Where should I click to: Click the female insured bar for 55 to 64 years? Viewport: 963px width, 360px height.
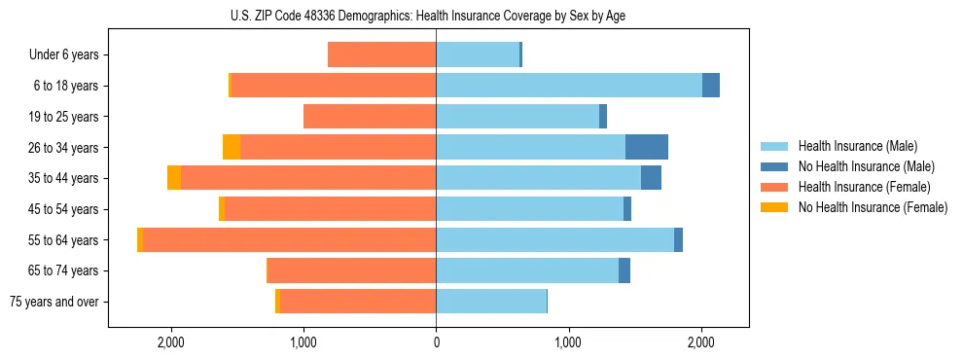289,239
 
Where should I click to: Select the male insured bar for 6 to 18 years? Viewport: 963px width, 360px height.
569,86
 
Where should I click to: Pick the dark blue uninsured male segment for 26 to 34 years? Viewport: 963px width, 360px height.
647,147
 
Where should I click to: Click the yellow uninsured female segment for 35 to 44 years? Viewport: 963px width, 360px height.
174,178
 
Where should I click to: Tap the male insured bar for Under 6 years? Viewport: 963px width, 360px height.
478,55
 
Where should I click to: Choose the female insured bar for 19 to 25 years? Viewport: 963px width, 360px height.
370,117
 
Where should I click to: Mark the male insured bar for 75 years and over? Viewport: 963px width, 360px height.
491,302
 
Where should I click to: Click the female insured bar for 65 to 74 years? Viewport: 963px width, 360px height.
351,270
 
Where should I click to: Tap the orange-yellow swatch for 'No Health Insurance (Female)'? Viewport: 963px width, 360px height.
774,207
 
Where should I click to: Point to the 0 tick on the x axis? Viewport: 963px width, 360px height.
436,342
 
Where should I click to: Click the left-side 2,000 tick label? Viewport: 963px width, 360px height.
171,342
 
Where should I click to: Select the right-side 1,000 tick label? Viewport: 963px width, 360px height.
568,342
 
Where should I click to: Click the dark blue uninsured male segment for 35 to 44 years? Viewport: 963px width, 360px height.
652,178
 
